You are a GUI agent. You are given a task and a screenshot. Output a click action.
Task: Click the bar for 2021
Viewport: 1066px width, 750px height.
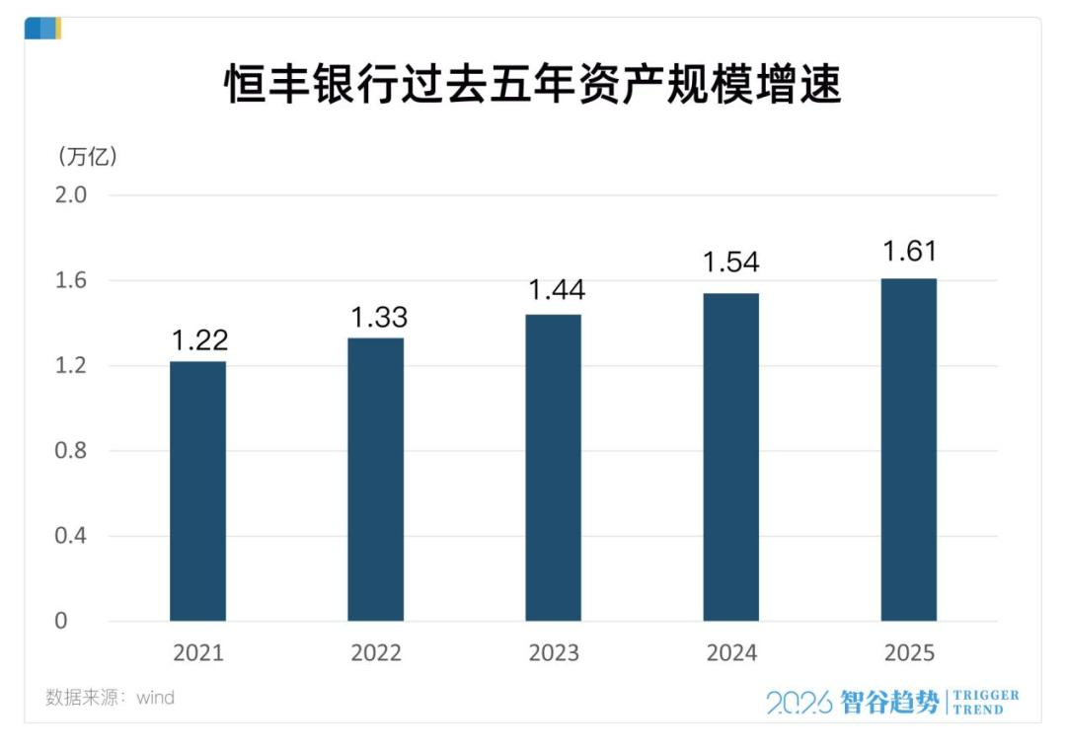pyautogui.click(x=197, y=491)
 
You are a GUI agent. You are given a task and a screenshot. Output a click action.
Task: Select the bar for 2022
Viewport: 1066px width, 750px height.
pyautogui.click(x=375, y=480)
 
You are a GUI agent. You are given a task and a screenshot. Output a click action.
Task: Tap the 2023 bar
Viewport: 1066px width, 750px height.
pyautogui.click(x=553, y=468)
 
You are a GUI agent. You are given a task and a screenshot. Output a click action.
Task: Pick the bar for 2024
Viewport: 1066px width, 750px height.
pyautogui.click(x=730, y=457)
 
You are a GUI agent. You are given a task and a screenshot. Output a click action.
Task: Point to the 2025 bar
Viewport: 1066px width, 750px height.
pyautogui.click(x=908, y=450)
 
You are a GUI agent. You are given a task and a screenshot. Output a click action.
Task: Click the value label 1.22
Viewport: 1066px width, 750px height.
pyautogui.click(x=199, y=340)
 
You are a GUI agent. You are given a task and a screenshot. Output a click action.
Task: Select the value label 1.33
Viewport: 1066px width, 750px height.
pyautogui.click(x=379, y=318)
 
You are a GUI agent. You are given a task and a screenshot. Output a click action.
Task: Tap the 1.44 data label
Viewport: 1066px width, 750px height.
pyautogui.click(x=557, y=290)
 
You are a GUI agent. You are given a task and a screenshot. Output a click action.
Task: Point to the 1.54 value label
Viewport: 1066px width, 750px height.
pyautogui.click(x=730, y=262)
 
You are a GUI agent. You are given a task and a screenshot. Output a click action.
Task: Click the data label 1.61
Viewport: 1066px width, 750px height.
pyautogui.click(x=909, y=251)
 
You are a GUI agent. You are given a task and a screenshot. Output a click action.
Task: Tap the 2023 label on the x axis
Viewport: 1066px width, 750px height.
pyautogui.click(x=553, y=653)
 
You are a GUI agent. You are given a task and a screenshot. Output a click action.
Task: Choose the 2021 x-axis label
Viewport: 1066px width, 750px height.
pyautogui.click(x=197, y=653)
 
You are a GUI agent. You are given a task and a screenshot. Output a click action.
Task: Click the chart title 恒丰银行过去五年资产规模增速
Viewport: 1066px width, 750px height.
pyautogui.click(x=533, y=85)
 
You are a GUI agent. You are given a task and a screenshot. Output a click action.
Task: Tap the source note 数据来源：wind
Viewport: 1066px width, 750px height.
pyautogui.click(x=110, y=698)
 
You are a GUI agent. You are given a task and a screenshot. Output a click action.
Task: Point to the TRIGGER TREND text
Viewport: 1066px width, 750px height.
pyautogui.click(x=986, y=702)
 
